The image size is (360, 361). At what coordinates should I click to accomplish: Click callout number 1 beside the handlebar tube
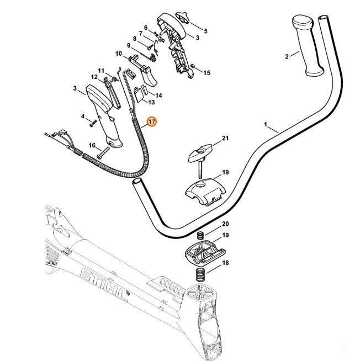pyautogui.click(x=268, y=126)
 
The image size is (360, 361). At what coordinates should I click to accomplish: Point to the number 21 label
pyautogui.click(x=225, y=137)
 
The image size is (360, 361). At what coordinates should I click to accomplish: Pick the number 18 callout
pyautogui.click(x=225, y=264)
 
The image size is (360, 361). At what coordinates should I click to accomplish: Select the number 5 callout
pyautogui.click(x=205, y=31)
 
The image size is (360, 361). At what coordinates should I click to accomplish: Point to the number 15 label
pyautogui.click(x=207, y=72)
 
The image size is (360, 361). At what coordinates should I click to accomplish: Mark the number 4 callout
pyautogui.click(x=83, y=116)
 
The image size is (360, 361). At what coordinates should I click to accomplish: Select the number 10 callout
pyautogui.click(x=118, y=54)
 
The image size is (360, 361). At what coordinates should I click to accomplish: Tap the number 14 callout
pyautogui.click(x=158, y=95)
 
